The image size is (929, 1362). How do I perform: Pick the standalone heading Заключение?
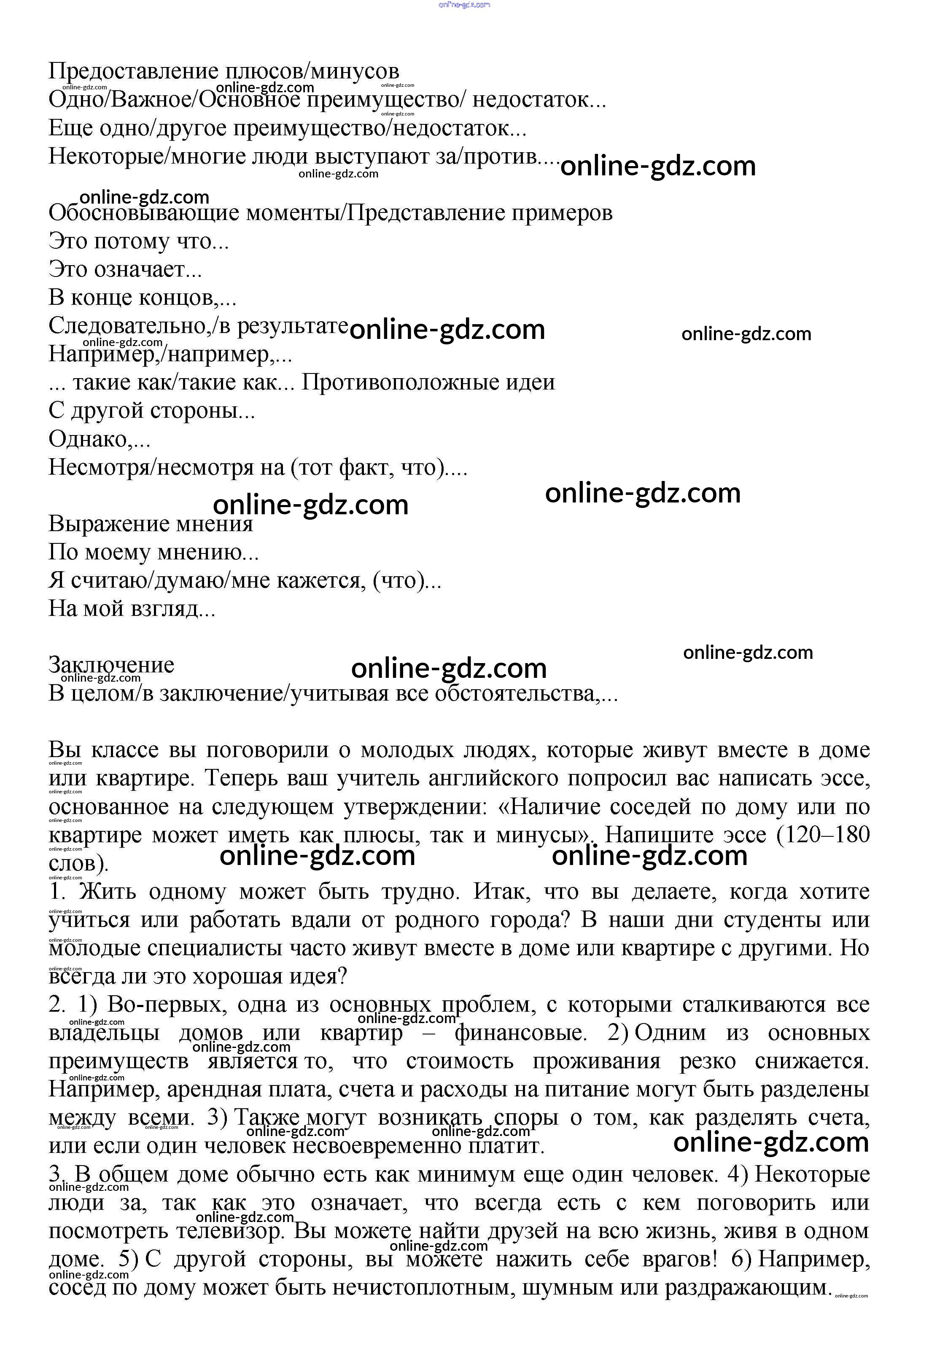click(111, 665)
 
